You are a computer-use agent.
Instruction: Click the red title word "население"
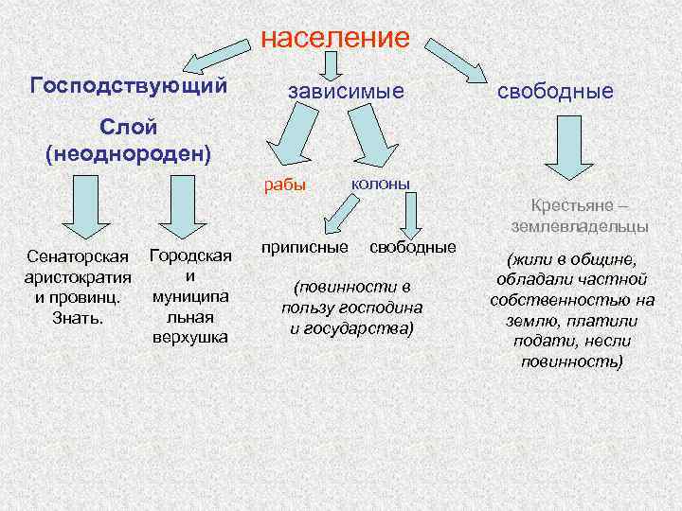334,38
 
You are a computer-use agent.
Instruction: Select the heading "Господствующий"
129,85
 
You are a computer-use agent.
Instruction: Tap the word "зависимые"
346,91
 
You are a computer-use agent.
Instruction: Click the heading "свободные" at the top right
555,91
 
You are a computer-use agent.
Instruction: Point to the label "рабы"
284,185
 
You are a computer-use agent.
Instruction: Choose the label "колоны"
381,181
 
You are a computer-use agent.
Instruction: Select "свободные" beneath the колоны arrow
412,247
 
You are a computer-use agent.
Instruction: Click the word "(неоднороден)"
129,152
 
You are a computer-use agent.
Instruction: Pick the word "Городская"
190,255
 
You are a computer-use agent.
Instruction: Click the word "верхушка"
190,337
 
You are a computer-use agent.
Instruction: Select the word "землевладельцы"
579,226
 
